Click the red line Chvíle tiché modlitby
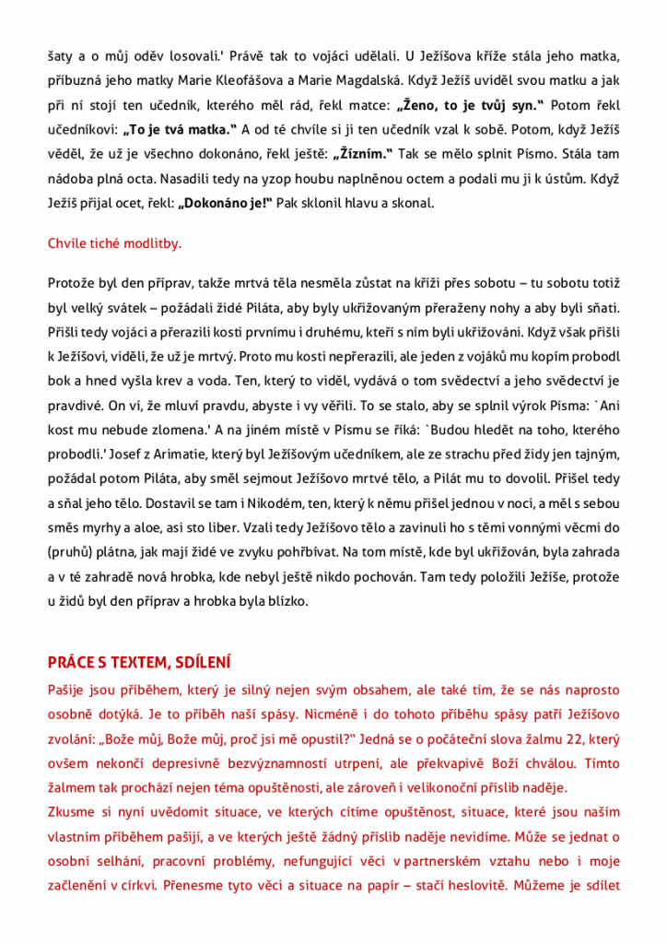[114, 244]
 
